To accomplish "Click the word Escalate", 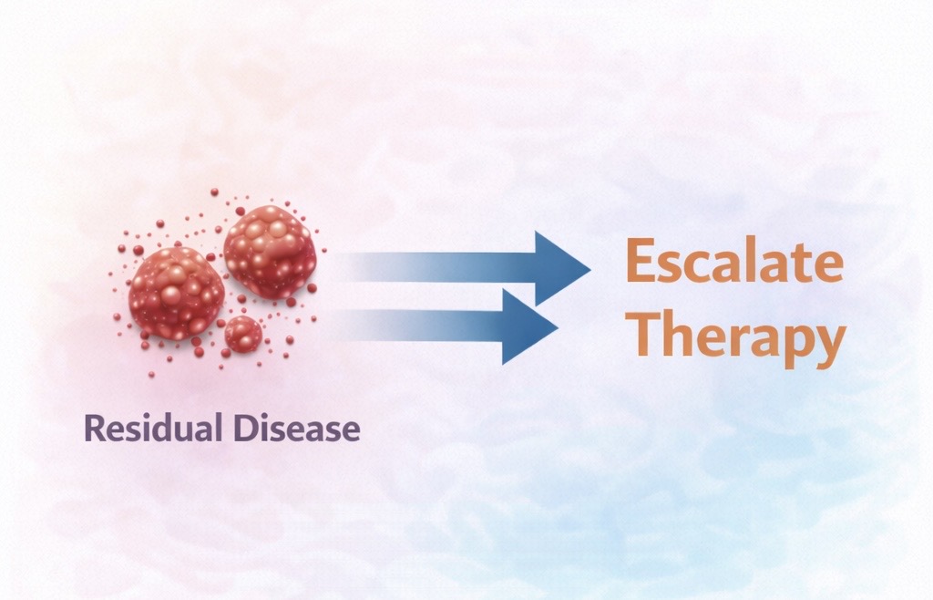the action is click(x=735, y=261).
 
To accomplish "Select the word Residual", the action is click(x=153, y=428).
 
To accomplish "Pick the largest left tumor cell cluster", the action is click(x=176, y=293).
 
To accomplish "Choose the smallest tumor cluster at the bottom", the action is click(x=243, y=334).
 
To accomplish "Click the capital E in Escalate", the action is click(x=641, y=261).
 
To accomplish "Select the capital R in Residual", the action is click(x=95, y=428).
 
